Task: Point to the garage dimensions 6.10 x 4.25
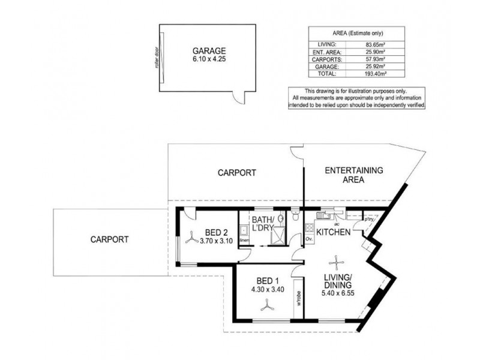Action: click(x=205, y=60)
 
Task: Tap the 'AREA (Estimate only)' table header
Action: click(x=358, y=33)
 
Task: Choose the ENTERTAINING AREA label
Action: click(x=353, y=175)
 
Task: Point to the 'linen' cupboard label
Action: click(x=244, y=241)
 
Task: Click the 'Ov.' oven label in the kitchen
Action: click(x=309, y=239)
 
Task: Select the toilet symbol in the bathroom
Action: click(x=295, y=216)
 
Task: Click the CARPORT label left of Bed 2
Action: click(x=109, y=238)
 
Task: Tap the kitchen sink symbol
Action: click(x=324, y=212)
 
